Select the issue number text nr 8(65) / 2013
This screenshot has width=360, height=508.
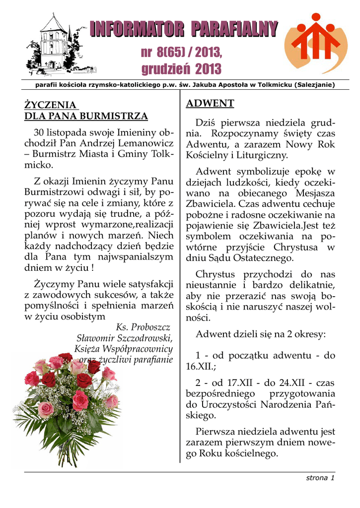[182, 52]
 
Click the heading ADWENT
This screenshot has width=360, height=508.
[210, 104]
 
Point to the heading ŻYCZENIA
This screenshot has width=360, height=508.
[51, 105]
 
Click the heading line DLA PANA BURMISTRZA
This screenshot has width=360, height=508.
[86, 117]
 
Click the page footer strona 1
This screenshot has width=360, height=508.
[320, 478]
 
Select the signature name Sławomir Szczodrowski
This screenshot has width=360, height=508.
[122, 338]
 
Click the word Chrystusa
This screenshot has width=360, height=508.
[293, 247]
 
